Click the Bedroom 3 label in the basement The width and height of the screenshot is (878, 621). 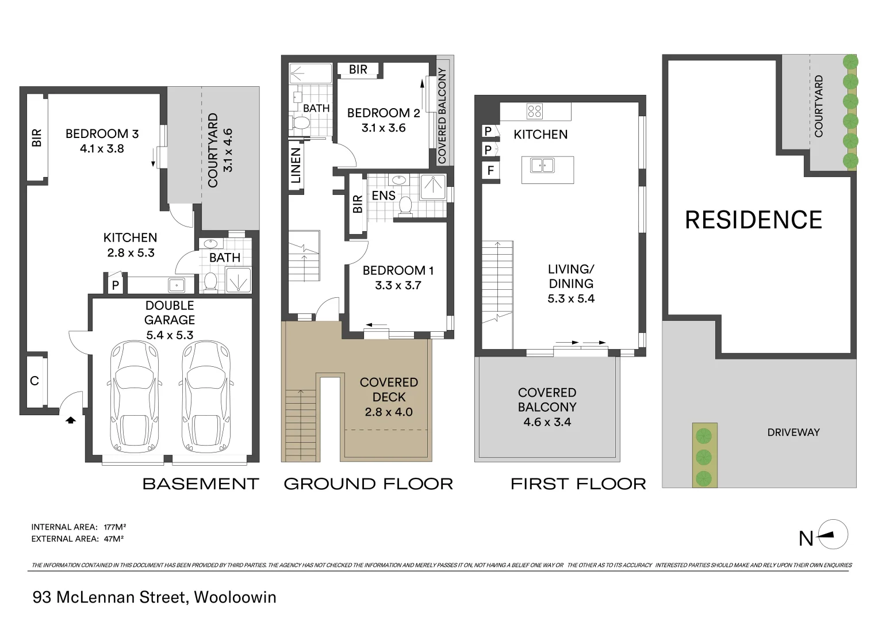coord(102,134)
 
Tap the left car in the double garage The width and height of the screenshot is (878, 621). coord(133,397)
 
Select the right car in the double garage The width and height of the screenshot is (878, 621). coord(206,397)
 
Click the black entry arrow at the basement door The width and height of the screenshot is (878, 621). coord(70,420)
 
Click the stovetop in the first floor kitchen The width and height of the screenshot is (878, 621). coord(534,111)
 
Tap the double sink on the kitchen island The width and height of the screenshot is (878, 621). coord(542,166)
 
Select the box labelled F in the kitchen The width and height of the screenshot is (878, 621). coord(490,171)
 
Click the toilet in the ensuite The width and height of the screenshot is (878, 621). coord(405,206)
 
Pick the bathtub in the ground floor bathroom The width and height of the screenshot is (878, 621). coord(310,74)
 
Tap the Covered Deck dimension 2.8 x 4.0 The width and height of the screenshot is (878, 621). coord(389,412)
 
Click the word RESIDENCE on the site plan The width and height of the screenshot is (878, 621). coord(753,220)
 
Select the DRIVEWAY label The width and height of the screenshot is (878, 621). coord(793,432)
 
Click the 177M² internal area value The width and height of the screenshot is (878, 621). coord(114,527)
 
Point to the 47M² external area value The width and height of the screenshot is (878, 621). coord(114,539)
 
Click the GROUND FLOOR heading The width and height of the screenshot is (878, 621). coord(368,484)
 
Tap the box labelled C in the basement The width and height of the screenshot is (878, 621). coord(34,381)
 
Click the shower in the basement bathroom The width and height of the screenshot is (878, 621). coord(237,280)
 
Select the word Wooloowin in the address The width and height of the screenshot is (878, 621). coord(235,597)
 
